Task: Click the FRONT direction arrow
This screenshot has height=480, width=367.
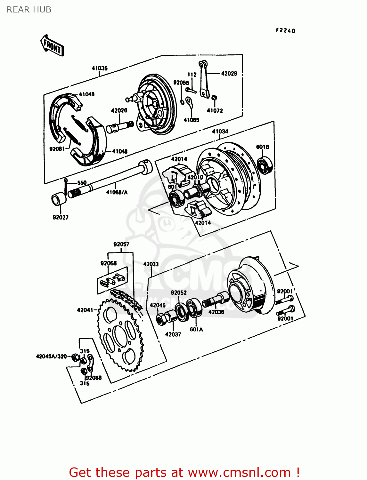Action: pyautogui.click(x=52, y=45)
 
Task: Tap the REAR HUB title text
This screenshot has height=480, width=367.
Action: pyautogui.click(x=29, y=10)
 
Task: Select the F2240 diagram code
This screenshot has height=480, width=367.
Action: pyautogui.click(x=286, y=31)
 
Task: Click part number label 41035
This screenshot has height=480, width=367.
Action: pyautogui.click(x=100, y=68)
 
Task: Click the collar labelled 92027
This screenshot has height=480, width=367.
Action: pyautogui.click(x=59, y=199)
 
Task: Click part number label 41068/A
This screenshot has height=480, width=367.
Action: pyautogui.click(x=117, y=192)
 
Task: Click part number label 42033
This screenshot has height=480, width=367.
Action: pyautogui.click(x=151, y=264)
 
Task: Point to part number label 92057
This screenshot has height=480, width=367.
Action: pyautogui.click(x=121, y=244)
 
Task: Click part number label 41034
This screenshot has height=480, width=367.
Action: pyautogui.click(x=220, y=131)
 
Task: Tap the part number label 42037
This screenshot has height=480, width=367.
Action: pyautogui.click(x=173, y=334)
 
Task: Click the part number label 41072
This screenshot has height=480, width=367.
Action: pyautogui.click(x=215, y=111)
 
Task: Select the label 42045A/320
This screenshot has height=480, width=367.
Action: pyautogui.click(x=51, y=356)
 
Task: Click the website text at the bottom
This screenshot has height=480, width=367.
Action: pyautogui.click(x=184, y=472)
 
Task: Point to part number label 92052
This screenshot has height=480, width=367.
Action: pyautogui.click(x=179, y=292)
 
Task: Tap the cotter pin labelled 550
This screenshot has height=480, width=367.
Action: pyautogui.click(x=66, y=187)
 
